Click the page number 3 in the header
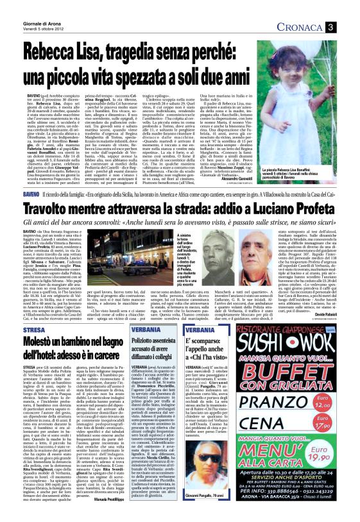[x=347, y=26]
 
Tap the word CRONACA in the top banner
[x=314, y=26]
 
